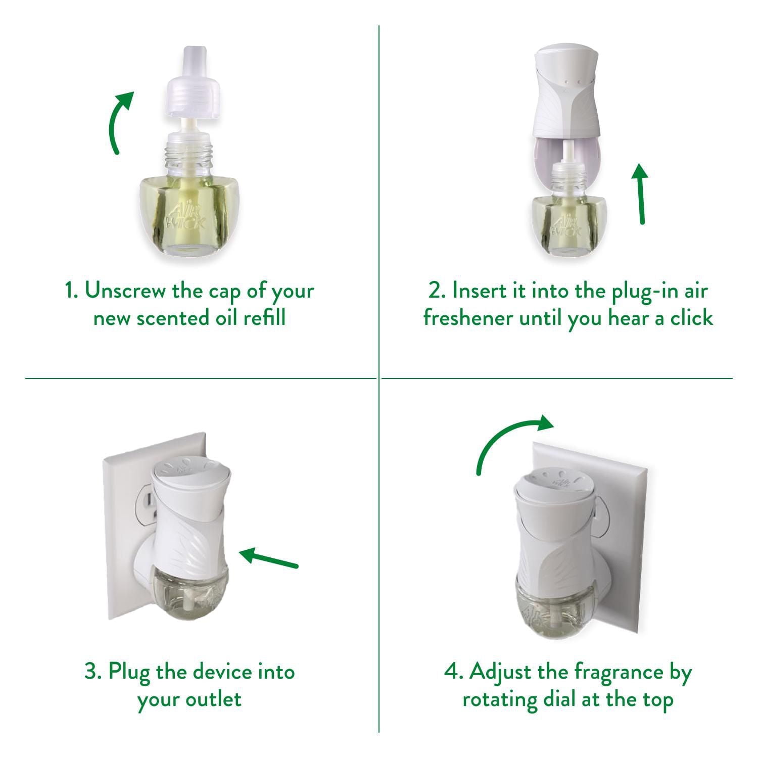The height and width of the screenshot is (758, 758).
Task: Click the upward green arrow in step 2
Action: tap(640, 195)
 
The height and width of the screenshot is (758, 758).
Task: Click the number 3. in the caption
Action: tap(93, 672)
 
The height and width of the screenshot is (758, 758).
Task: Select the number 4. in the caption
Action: tap(454, 672)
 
